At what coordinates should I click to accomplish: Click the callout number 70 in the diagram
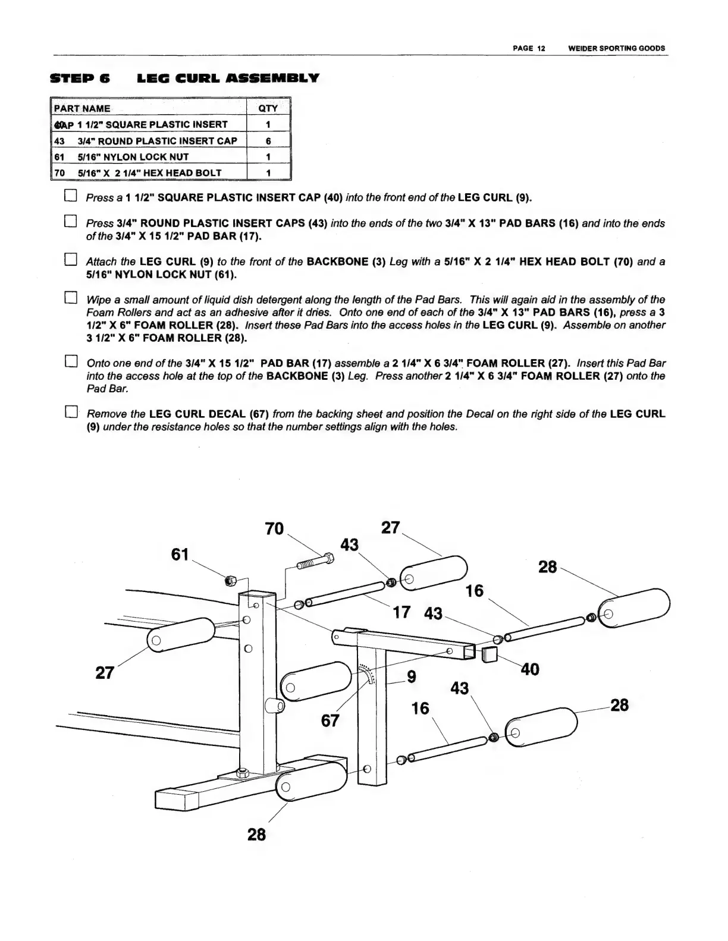point(274,528)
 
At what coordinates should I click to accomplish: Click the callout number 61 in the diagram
point(180,555)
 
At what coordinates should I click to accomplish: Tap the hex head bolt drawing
point(313,562)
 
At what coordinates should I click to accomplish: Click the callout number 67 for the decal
point(330,720)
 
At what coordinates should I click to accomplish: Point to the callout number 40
point(529,669)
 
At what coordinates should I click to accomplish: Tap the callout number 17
point(402,612)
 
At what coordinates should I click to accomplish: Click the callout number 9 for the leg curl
point(411,676)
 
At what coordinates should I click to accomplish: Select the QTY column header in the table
point(268,109)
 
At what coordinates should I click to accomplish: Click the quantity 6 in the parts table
point(268,141)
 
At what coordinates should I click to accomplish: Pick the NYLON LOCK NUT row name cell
point(149,157)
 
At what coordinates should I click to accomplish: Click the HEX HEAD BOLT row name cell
point(149,173)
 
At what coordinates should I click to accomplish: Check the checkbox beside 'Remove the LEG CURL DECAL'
point(71,412)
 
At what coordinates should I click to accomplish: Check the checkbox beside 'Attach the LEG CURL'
point(71,260)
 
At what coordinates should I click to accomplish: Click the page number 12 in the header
point(541,48)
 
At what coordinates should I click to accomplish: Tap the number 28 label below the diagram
point(256,834)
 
